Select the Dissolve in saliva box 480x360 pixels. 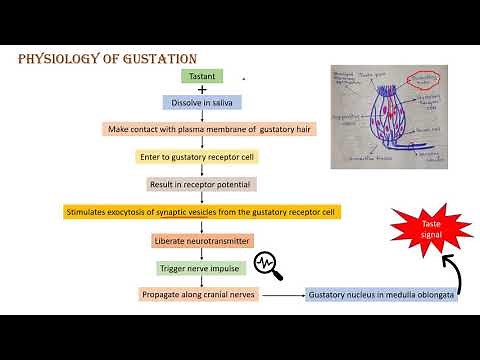click(202, 102)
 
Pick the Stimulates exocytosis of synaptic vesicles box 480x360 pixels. click(202, 211)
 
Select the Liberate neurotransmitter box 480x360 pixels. click(202, 240)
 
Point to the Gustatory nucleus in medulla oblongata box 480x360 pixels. click(382, 296)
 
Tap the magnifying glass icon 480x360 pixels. click(268, 265)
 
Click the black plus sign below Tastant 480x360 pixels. click(202, 89)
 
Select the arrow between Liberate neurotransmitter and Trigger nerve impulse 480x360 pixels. click(202, 253)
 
